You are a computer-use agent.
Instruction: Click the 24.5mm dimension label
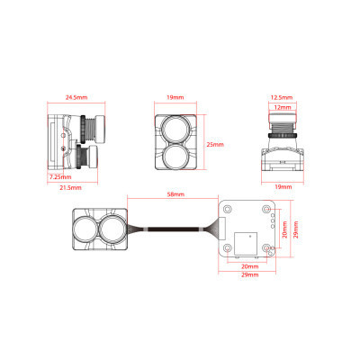click(x=76, y=97)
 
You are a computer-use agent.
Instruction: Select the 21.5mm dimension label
click(x=70, y=187)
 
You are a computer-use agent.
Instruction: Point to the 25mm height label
click(x=215, y=145)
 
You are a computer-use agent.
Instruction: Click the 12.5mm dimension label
click(x=282, y=97)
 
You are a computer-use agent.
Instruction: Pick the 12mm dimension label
click(x=283, y=107)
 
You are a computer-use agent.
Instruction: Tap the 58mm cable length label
click(x=175, y=194)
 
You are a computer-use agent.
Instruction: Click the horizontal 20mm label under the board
click(x=249, y=266)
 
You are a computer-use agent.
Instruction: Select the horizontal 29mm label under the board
click(x=249, y=274)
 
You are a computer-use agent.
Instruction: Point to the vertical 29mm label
click(x=295, y=229)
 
